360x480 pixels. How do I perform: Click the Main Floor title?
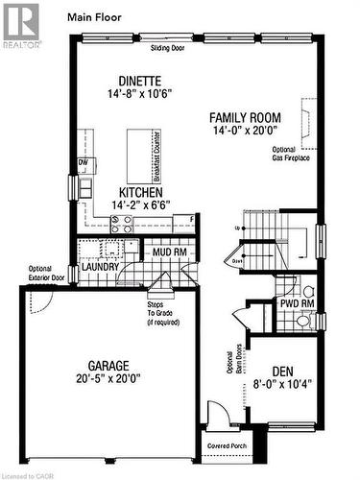click(94, 16)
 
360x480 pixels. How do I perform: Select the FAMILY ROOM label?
click(245, 118)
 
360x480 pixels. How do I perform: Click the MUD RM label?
click(167, 252)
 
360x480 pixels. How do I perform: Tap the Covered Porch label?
click(228, 446)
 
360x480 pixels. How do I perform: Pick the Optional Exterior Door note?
click(39, 274)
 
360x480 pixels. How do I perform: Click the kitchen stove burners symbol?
click(122, 223)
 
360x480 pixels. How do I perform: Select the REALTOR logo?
click(21, 24)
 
